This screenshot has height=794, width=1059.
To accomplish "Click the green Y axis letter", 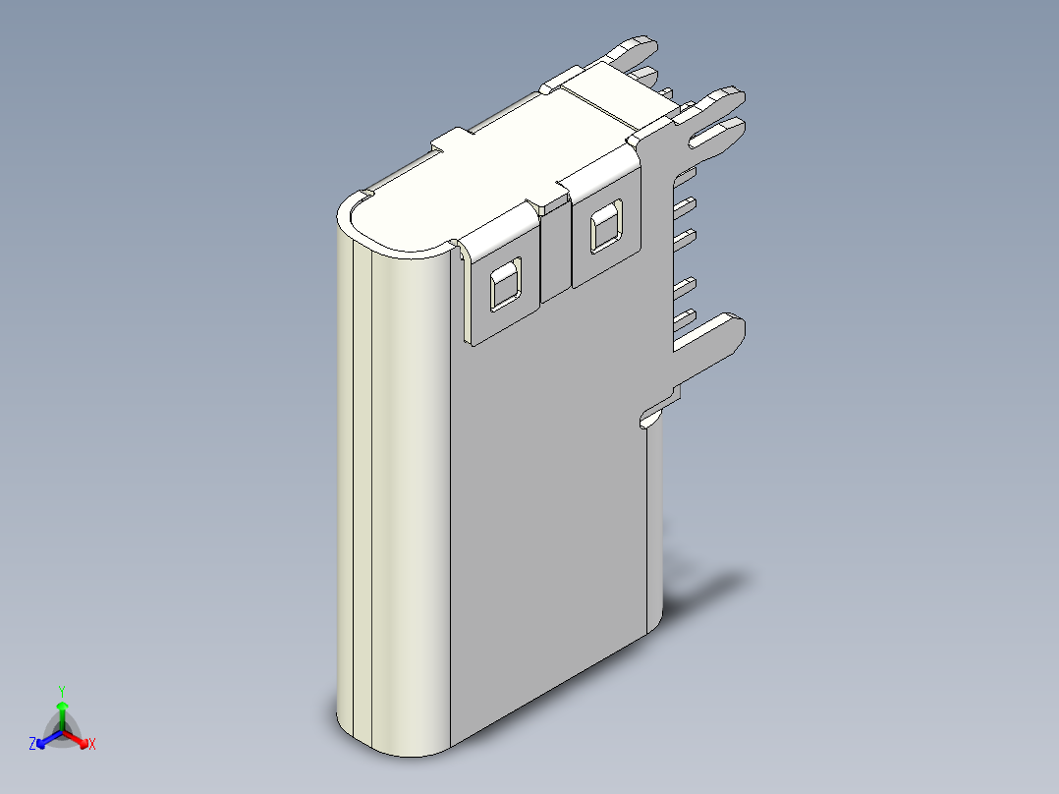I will coord(62,690).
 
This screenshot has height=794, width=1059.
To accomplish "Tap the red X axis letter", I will coord(92,745).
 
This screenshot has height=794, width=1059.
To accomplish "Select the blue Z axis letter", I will coord(32,745).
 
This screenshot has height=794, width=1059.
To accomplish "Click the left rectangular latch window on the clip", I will coord(505,285).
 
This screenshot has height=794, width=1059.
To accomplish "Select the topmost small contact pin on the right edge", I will coord(686,174).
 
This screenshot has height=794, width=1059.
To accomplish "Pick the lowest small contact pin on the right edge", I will coord(686,315).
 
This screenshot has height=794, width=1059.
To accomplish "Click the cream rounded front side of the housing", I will coord(398,491).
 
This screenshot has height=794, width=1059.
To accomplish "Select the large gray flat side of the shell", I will coord(550,491).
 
